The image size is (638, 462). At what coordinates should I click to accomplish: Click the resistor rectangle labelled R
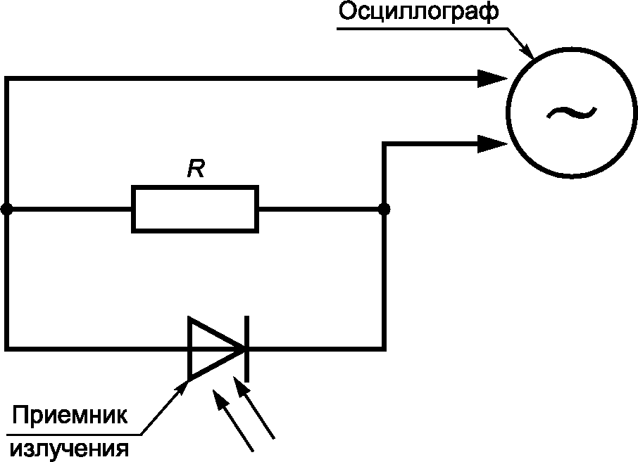[x=195, y=209]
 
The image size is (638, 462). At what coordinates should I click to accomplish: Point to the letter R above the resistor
[x=196, y=169]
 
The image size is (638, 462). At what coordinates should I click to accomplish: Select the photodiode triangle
[x=211, y=348]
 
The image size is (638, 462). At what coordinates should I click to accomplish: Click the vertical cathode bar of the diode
[x=246, y=348]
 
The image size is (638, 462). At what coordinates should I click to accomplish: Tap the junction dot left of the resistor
[x=7, y=209]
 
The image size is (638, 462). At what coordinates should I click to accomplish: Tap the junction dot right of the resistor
[x=384, y=209]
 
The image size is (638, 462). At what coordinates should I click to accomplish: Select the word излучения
[x=69, y=447]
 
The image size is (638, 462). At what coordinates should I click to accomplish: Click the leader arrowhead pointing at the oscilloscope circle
[x=527, y=52]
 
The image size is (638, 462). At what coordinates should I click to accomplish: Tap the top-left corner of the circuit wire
[x=7, y=78]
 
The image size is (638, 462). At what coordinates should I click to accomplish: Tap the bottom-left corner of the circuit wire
[x=7, y=348]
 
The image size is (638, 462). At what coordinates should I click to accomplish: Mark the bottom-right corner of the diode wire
[x=384, y=348]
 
